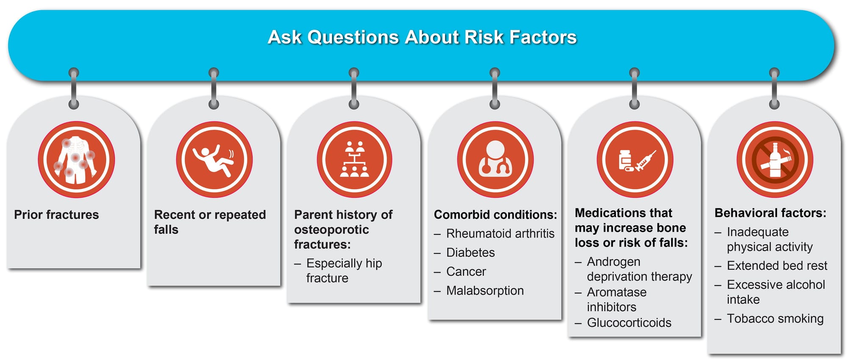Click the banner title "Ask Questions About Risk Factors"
point(422,37)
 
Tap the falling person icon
point(214,160)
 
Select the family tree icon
point(354,160)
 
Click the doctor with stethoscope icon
point(495,160)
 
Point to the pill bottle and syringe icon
point(635,160)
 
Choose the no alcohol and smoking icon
point(775,160)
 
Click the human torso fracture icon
point(76,160)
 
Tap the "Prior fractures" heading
point(56,215)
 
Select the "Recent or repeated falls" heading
point(210,222)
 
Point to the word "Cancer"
point(466,271)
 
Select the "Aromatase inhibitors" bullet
point(617,299)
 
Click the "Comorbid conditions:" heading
point(495,215)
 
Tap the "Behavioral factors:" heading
point(770,213)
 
